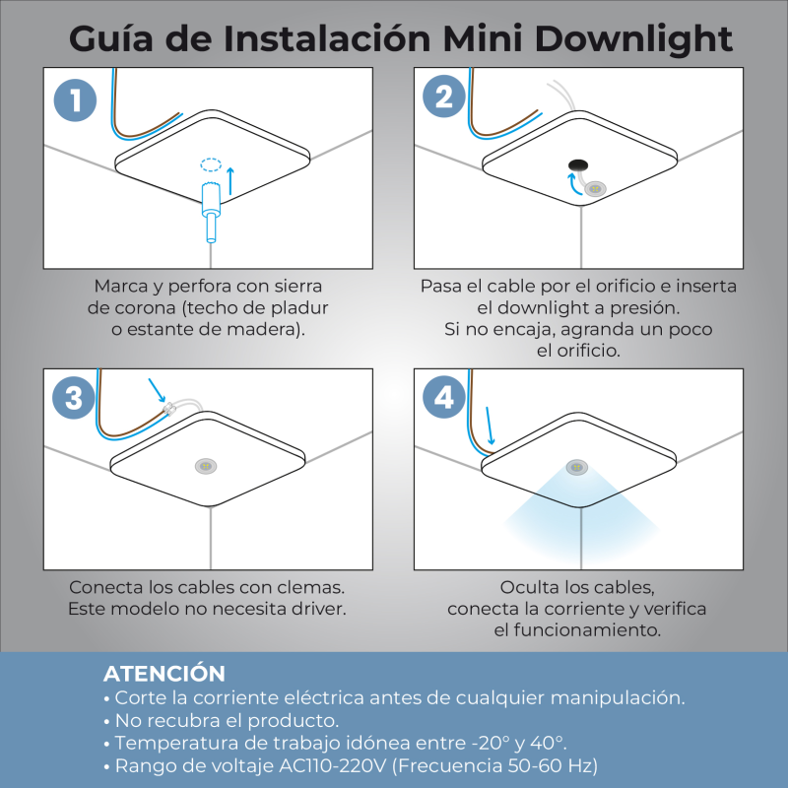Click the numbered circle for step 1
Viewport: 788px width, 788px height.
[x=76, y=100]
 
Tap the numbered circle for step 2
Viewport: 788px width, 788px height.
[x=444, y=96]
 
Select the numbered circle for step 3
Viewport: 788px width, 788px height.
[x=74, y=398]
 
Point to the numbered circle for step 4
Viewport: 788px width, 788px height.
[x=444, y=397]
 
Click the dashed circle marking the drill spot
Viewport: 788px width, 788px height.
[x=211, y=164]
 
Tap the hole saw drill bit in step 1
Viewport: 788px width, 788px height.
[x=211, y=212]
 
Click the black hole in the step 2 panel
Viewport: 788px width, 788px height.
[x=578, y=164]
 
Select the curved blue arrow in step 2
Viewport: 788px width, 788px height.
[x=572, y=183]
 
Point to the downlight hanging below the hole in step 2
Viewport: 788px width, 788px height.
[x=595, y=189]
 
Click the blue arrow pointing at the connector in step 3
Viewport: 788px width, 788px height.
[x=157, y=390]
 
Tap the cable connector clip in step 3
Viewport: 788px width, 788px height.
[x=168, y=408]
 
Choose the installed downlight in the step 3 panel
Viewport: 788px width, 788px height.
[x=206, y=466]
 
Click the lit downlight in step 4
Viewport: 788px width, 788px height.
[x=577, y=467]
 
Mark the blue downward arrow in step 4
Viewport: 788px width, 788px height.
[x=490, y=427]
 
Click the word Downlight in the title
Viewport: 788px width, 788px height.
[x=633, y=39]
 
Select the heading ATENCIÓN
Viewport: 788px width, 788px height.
[x=164, y=674]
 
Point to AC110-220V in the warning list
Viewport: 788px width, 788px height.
[x=332, y=766]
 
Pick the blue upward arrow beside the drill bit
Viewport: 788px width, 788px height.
[x=230, y=181]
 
